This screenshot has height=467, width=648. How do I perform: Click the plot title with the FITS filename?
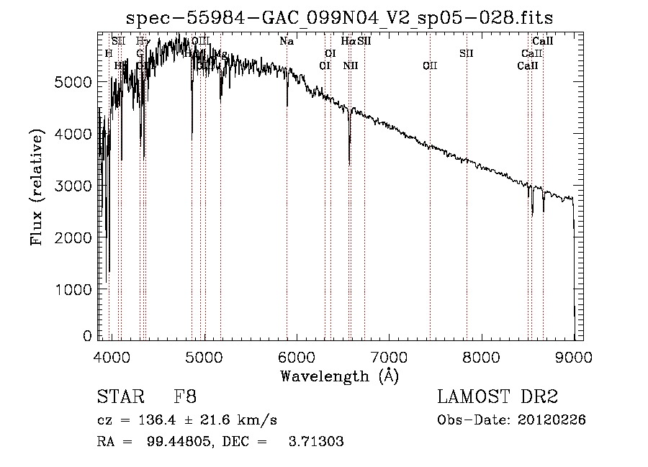pyautogui.click(x=339, y=17)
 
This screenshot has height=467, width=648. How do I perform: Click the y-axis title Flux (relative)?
pyautogui.click(x=35, y=186)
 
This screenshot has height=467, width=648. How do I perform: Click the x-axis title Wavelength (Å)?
pyautogui.click(x=339, y=376)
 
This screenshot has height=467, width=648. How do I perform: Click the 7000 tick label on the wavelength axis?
pyautogui.click(x=389, y=356)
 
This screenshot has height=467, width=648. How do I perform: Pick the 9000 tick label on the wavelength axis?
pyautogui.click(x=574, y=356)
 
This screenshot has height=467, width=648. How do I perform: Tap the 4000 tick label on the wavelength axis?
pyautogui.click(x=112, y=356)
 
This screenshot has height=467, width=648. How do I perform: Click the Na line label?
pyautogui.click(x=287, y=41)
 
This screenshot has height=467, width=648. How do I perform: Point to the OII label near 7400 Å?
pyautogui.click(x=430, y=65)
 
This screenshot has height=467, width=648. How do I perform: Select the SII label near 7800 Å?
pyautogui.click(x=467, y=53)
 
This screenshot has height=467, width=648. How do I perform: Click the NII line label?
pyautogui.click(x=351, y=65)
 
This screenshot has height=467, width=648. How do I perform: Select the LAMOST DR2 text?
pyautogui.click(x=498, y=397)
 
